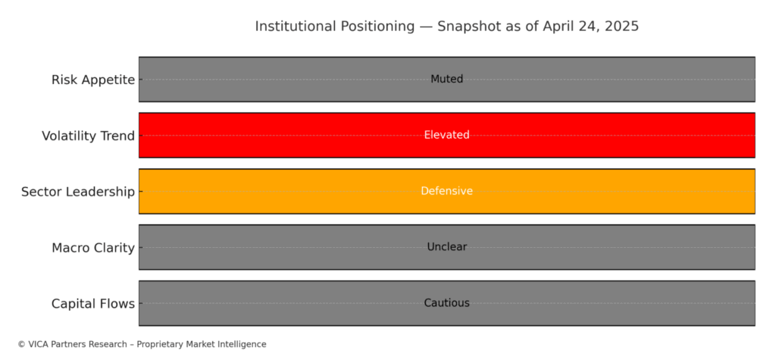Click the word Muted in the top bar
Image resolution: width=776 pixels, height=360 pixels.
point(447,80)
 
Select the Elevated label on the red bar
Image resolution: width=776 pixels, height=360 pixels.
point(447,135)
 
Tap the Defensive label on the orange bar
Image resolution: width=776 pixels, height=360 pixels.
point(447,191)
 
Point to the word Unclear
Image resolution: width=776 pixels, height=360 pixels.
point(447,247)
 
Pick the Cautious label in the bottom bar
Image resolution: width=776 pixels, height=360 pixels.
point(447,303)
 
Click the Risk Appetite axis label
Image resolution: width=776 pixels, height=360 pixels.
point(93,80)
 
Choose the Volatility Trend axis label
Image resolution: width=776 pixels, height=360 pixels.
point(88,136)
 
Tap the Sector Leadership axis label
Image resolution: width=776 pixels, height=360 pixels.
point(78,193)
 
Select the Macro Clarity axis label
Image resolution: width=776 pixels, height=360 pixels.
point(93,248)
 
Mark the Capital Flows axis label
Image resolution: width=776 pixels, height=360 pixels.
point(93,304)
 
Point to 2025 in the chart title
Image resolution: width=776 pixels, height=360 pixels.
point(623,27)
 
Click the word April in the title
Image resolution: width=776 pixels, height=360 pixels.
point(557,27)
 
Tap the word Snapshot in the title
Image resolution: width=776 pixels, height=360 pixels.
point(465,27)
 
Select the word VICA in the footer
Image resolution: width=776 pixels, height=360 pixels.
point(36,344)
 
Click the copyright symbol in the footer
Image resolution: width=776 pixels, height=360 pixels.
point(21,344)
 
